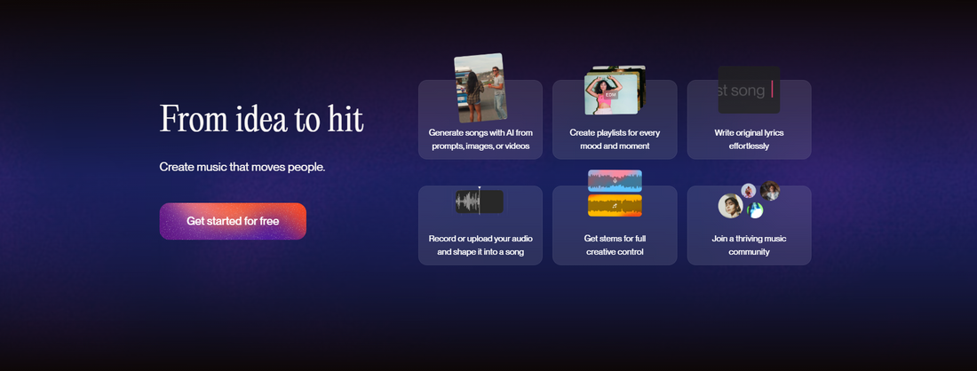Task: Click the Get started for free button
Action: tap(233, 221)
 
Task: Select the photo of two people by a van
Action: tap(480, 88)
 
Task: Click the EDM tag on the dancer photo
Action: tap(611, 95)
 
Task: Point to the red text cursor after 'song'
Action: tap(772, 90)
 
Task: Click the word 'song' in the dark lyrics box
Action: tap(748, 91)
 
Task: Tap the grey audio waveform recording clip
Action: tap(479, 201)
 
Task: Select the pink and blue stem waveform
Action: tap(615, 180)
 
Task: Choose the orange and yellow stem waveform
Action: tap(615, 205)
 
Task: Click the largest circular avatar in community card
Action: tap(731, 205)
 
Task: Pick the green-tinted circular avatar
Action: tap(755, 210)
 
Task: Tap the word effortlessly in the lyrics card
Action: tap(749, 146)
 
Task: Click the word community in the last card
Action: tap(749, 252)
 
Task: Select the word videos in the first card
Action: tap(517, 146)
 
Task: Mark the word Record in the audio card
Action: tap(442, 239)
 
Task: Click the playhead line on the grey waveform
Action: tap(479, 201)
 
